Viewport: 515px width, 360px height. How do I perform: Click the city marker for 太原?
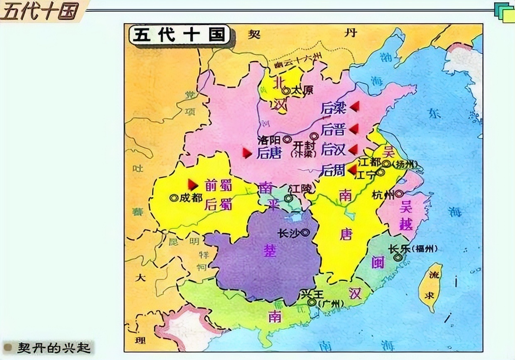pyautogui.click(x=286, y=90)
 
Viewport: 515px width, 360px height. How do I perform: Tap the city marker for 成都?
pyautogui.click(x=174, y=198)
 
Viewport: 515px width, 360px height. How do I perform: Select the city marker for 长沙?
pyautogui.click(x=306, y=233)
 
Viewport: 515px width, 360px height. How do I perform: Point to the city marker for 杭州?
pyautogui.click(x=399, y=194)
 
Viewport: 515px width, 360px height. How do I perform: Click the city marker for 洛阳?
pyautogui.click(x=287, y=139)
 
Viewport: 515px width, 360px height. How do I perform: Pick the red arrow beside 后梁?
pyautogui.click(x=354, y=107)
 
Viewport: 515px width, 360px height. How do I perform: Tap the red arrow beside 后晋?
pyautogui.click(x=354, y=129)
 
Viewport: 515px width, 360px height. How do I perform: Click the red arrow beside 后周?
pyautogui.click(x=353, y=170)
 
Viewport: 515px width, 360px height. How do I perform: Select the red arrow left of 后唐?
pyautogui.click(x=248, y=153)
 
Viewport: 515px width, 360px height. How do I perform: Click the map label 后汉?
pyautogui.click(x=334, y=149)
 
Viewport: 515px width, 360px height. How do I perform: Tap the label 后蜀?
pyautogui.click(x=218, y=204)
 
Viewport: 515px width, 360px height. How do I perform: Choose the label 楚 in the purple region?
pyautogui.click(x=270, y=250)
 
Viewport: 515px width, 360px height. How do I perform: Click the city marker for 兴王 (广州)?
pyautogui.click(x=311, y=302)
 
